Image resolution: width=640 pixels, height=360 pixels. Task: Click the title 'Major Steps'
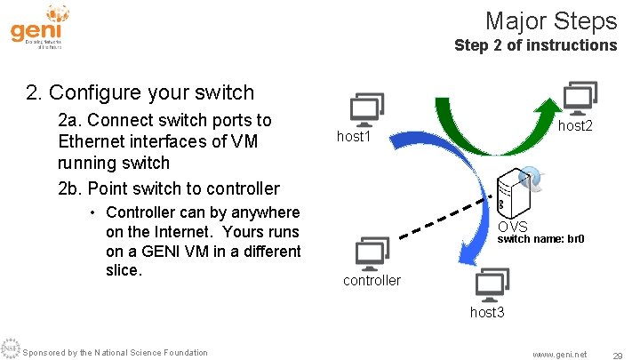click(x=550, y=20)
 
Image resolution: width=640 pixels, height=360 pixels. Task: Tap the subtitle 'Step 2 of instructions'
click(x=534, y=44)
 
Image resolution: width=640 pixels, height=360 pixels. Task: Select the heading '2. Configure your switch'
click(x=140, y=92)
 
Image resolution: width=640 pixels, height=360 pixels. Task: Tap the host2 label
click(x=575, y=126)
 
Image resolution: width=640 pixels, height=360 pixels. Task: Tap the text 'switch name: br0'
click(x=540, y=239)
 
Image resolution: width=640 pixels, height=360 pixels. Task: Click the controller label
click(x=372, y=280)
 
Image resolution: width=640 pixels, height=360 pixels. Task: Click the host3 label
click(x=487, y=312)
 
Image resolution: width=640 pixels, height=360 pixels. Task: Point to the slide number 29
click(x=617, y=354)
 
